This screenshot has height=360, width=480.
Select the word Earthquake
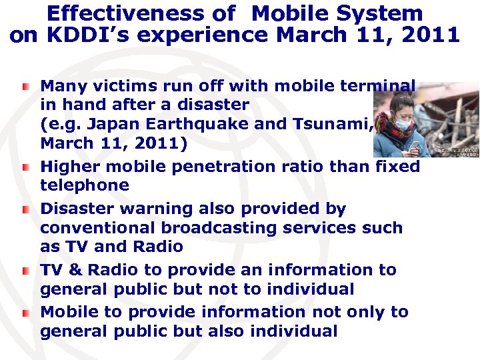pyautogui.click(x=231, y=124)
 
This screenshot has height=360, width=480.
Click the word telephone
pyautogui.click(x=84, y=185)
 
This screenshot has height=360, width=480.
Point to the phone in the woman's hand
pyautogui.click(x=413, y=146)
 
